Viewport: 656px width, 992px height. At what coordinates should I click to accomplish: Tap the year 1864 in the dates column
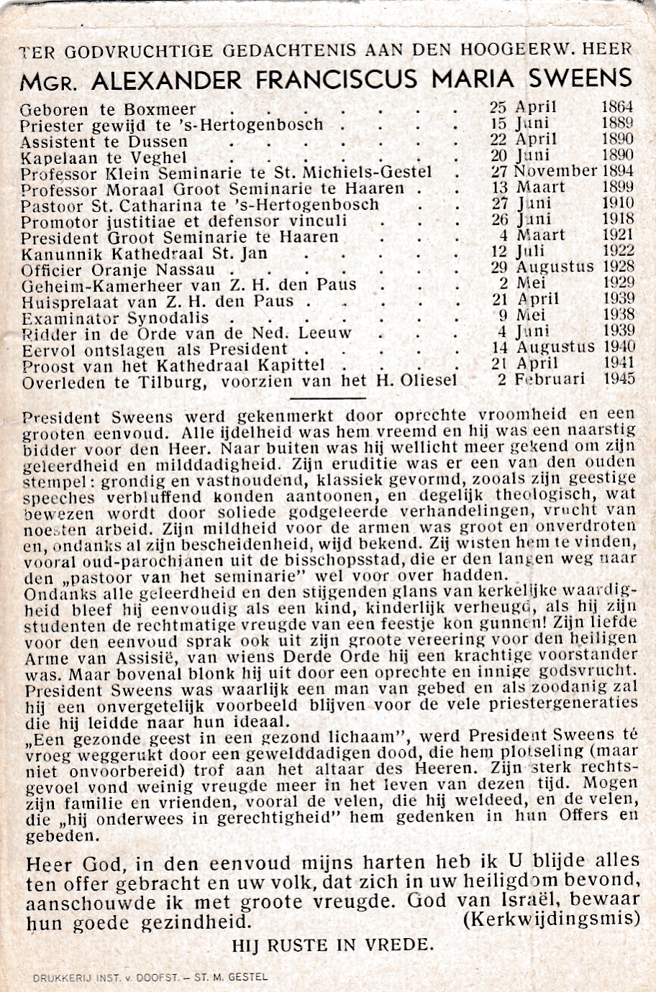[617, 107]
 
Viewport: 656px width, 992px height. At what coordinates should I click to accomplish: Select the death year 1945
[618, 379]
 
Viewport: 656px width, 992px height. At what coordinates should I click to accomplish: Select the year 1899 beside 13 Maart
[617, 187]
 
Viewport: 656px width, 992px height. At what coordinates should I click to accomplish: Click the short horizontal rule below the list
[327, 398]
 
